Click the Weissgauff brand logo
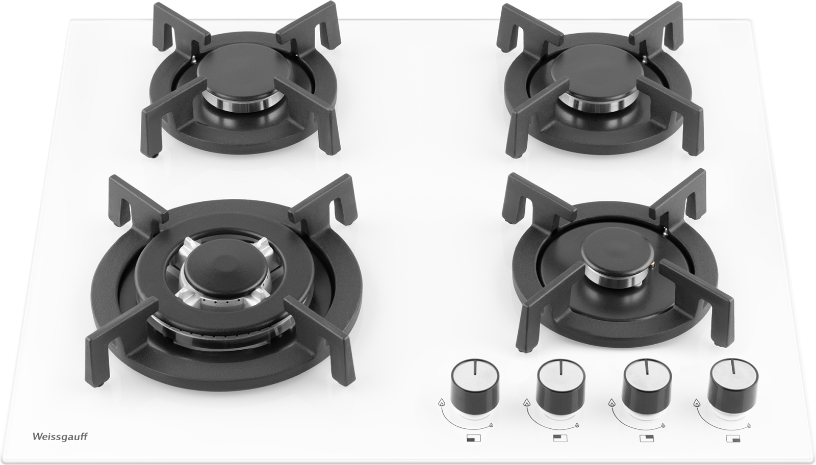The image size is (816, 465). (x=60, y=436)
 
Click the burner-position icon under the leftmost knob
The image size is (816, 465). (x=474, y=438)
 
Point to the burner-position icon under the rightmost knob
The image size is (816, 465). (x=733, y=439)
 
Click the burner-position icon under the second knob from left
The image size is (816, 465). (x=560, y=438)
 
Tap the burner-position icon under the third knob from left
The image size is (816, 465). (x=647, y=438)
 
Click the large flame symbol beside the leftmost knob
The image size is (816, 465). (x=441, y=402)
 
